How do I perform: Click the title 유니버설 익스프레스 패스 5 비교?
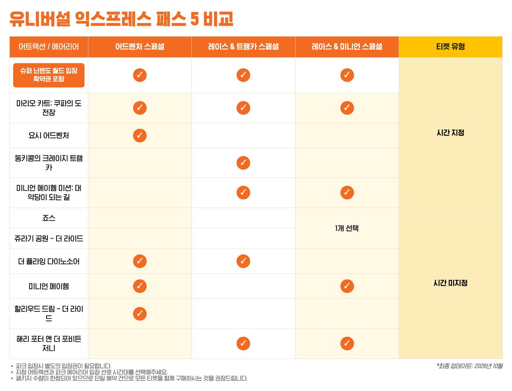[121, 19]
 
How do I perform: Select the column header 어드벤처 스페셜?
[140, 47]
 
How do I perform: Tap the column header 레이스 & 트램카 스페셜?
[243, 47]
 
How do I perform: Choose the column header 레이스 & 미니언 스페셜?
[347, 47]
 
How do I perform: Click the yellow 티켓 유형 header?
[450, 47]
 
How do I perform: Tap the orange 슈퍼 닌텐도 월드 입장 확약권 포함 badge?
[49, 75]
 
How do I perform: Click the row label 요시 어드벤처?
[49, 135]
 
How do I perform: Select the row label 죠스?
[49, 218]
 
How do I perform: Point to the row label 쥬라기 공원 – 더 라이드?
[49, 239]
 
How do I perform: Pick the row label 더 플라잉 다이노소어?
[49, 261]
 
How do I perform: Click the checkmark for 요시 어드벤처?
[140, 135]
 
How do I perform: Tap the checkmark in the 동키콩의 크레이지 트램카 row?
[243, 163]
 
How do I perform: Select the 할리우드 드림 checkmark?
[140, 313]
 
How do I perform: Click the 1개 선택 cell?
[347, 228]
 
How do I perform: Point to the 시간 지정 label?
[450, 133]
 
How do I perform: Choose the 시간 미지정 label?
[450, 283]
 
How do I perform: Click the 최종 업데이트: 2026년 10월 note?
[469, 366]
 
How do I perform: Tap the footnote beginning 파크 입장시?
[64, 366]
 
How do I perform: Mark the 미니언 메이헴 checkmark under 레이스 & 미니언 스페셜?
[347, 286]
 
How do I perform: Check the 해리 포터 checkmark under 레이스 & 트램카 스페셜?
[243, 344]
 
